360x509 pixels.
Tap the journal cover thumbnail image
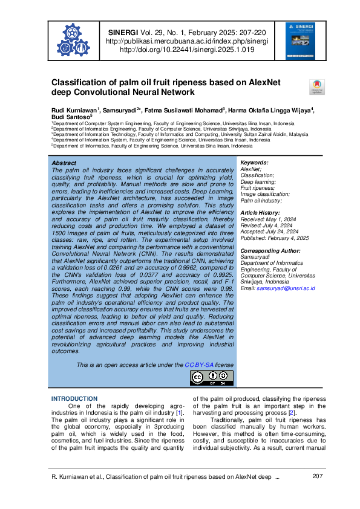296,41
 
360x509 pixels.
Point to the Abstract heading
64,163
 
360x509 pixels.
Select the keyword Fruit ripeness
257,188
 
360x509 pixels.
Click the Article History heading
261,213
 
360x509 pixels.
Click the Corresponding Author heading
270,250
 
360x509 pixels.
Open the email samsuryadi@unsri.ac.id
286,288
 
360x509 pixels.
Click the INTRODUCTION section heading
74,399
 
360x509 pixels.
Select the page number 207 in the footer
318,478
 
